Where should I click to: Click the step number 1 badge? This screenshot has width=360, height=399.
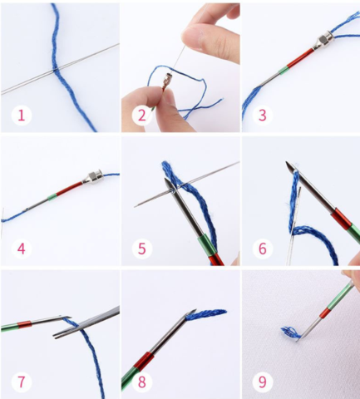(x=22, y=115)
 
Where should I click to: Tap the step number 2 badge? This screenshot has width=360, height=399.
(x=141, y=115)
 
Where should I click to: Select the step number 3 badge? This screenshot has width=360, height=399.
(x=262, y=115)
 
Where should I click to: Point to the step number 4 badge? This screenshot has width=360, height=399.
(x=22, y=249)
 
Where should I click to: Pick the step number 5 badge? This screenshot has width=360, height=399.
(x=141, y=249)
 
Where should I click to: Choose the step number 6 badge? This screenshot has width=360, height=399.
(x=262, y=249)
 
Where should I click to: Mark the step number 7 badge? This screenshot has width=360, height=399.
(x=22, y=382)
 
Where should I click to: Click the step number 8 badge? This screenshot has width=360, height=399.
(x=141, y=382)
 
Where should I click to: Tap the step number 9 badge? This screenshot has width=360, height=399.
(x=262, y=382)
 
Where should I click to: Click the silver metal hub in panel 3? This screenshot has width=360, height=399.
(x=323, y=42)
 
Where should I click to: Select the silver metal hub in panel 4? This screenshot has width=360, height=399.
(x=92, y=178)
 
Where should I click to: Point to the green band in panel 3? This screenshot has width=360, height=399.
(x=282, y=71)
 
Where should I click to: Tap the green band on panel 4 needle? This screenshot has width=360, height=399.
(x=52, y=197)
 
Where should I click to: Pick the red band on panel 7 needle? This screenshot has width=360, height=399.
(x=24, y=324)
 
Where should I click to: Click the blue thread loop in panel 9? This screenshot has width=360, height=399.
(x=291, y=332)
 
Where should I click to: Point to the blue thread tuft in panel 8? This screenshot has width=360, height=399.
(x=206, y=314)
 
